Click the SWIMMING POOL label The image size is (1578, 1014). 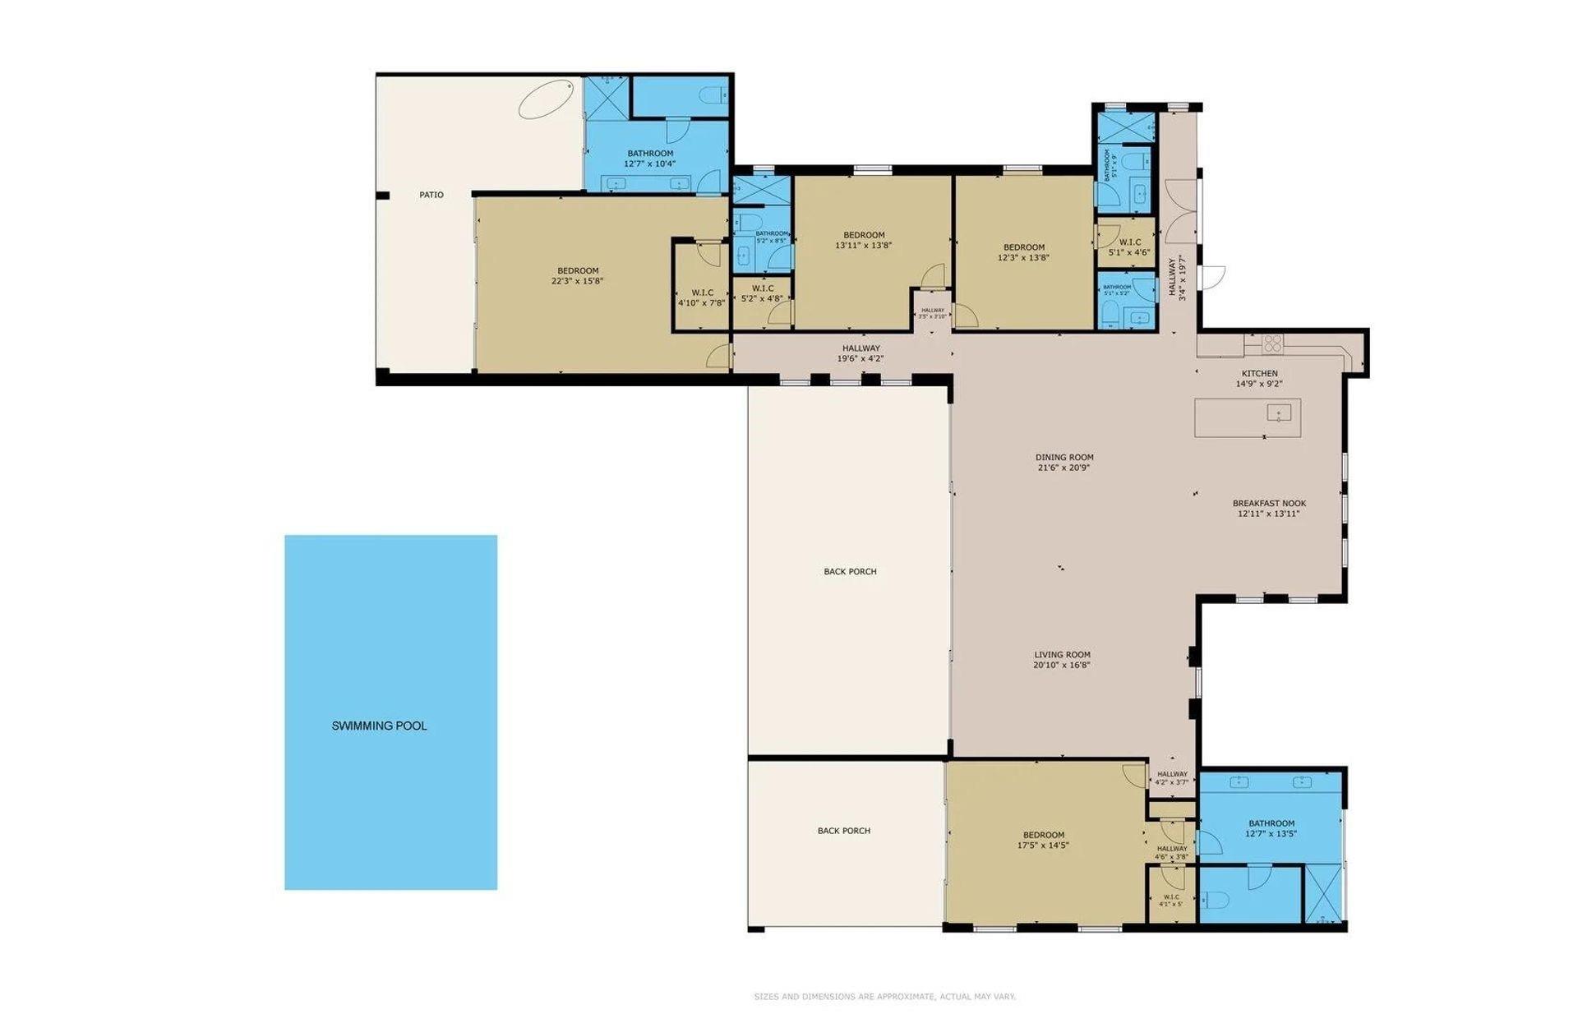point(379,726)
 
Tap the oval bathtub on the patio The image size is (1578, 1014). point(547,99)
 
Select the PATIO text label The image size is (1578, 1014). point(431,195)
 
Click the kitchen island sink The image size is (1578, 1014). point(1278,413)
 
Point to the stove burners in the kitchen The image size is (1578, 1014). point(1271,343)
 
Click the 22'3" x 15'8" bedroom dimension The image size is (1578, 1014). point(578,281)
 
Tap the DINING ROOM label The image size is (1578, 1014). point(1064,457)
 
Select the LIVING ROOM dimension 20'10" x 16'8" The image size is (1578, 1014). point(1062,666)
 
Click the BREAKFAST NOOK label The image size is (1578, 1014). point(1269,503)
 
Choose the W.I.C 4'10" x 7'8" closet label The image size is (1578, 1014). point(702,297)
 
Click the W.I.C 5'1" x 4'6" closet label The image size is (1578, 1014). point(1129,247)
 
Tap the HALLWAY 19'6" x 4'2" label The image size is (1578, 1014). point(861,353)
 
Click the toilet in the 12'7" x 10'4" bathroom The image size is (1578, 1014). point(712,97)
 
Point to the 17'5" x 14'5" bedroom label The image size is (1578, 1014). point(1043,840)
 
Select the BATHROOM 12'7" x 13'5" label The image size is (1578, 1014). point(1271,828)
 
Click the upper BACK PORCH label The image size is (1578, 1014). point(850,571)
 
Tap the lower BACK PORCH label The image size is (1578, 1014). point(843,831)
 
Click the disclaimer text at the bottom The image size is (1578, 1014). point(884,997)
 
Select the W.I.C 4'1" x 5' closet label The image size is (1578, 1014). point(1170,901)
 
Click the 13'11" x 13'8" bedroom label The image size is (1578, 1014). point(864,240)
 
